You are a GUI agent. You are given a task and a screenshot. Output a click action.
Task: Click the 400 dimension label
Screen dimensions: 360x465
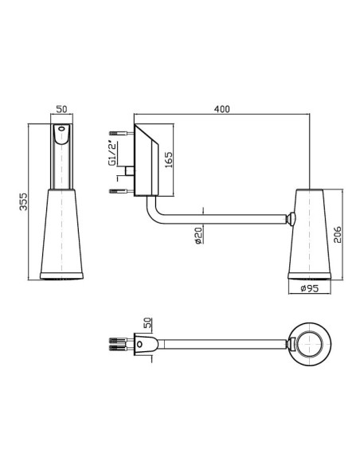tap(221, 109)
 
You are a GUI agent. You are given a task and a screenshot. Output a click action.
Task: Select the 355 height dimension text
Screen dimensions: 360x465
tap(23, 201)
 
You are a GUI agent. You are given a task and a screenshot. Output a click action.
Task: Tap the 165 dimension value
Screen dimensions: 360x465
tap(168, 160)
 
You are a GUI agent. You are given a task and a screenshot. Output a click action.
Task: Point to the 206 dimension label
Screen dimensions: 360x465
tap(338, 235)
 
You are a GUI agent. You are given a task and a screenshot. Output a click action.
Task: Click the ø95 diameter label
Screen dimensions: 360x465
tap(309, 288)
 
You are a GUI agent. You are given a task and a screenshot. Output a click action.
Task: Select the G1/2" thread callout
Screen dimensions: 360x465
tap(112, 154)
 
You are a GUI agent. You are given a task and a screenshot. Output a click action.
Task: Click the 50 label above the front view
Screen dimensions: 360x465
tap(61, 109)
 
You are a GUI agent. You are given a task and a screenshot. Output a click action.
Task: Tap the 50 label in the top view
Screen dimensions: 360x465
tap(147, 322)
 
